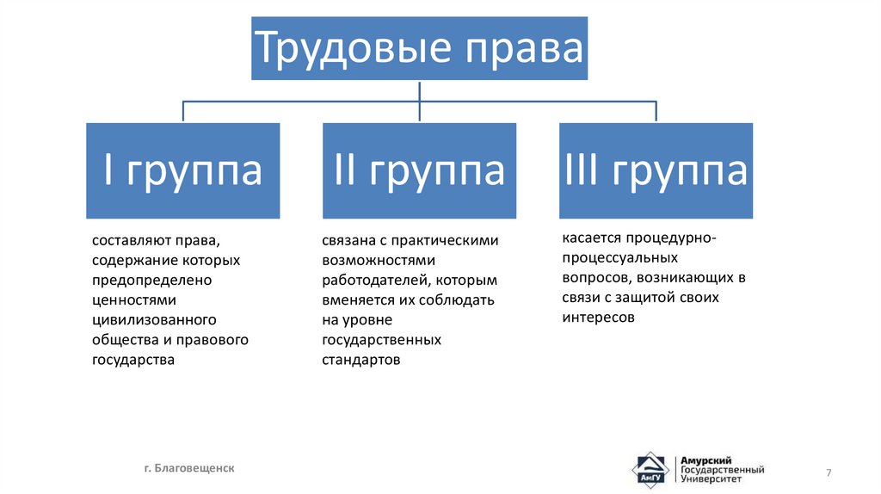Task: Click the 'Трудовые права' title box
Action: [x=419, y=48]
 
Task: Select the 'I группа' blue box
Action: [x=182, y=170]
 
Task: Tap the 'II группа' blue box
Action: [x=419, y=170]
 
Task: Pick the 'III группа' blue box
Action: [x=656, y=170]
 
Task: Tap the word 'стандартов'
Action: [x=361, y=360]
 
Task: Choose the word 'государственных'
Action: [x=382, y=340]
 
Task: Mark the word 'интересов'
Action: [x=599, y=317]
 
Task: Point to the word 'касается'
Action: [x=592, y=238]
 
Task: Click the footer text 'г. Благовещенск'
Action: [x=188, y=467]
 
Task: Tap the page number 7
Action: [x=829, y=473]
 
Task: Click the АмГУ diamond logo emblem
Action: [x=650, y=471]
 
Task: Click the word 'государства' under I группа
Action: [x=133, y=360]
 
